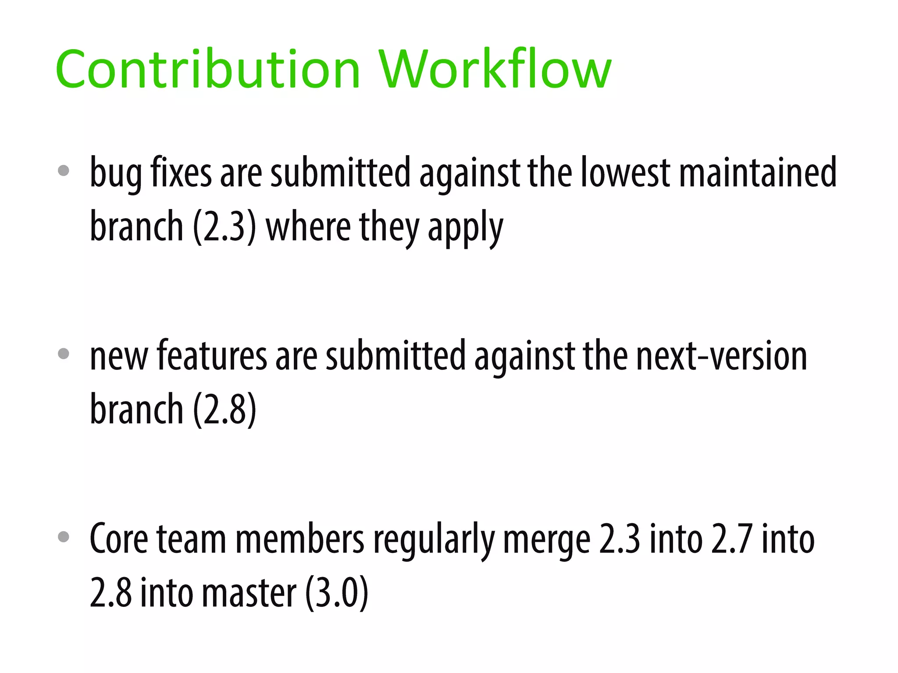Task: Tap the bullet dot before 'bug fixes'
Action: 64,170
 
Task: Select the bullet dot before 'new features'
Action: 64,354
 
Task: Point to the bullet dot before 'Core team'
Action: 64,537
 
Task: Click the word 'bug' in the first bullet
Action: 115,173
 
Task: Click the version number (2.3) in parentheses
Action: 224,227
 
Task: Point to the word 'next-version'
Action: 721,356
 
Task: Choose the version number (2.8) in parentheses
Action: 224,409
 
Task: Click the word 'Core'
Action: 119,539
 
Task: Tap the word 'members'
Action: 300,539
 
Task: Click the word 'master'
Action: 249,592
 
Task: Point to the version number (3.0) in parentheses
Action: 336,592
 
